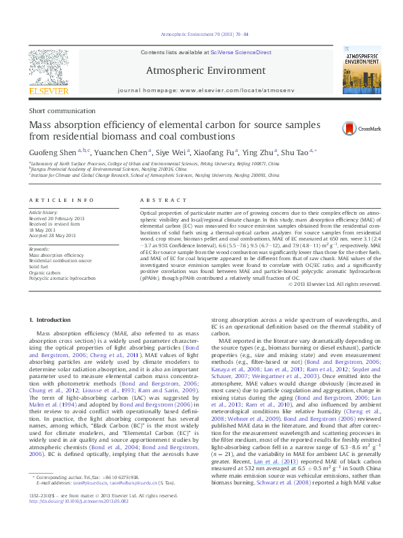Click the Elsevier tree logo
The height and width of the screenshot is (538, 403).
point(48,68)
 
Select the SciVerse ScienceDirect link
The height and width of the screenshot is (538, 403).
point(240,52)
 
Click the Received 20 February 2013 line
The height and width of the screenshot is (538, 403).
point(58,217)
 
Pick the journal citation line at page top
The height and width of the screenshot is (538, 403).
point(204,34)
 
